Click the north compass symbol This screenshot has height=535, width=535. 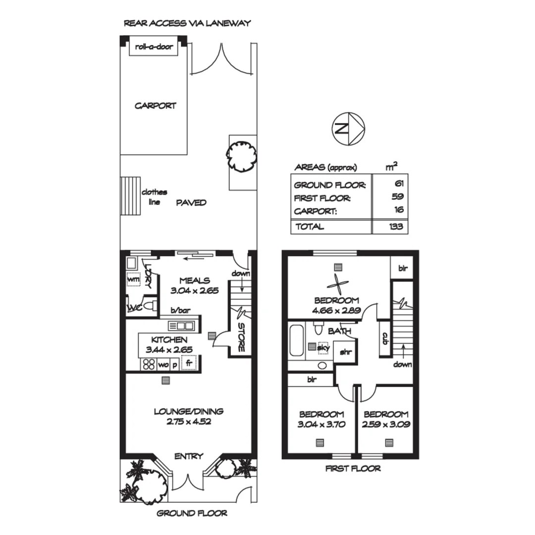(x=348, y=128)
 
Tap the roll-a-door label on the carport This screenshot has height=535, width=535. (x=154, y=48)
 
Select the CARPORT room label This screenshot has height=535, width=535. (x=155, y=106)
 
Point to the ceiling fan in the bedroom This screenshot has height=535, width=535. (x=338, y=285)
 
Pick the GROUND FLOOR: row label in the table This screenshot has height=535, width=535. (x=330, y=185)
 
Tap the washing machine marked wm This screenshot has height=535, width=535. (x=133, y=279)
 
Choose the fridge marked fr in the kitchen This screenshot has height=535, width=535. (x=189, y=363)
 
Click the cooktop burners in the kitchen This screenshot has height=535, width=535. (x=149, y=364)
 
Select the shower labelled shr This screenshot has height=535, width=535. (x=344, y=353)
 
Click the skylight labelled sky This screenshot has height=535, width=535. (x=323, y=347)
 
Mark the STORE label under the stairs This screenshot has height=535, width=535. (x=241, y=337)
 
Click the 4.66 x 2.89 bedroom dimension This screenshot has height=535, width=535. (x=336, y=311)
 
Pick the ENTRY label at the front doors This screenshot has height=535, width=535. (x=188, y=456)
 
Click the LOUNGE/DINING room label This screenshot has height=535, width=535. (x=188, y=411)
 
